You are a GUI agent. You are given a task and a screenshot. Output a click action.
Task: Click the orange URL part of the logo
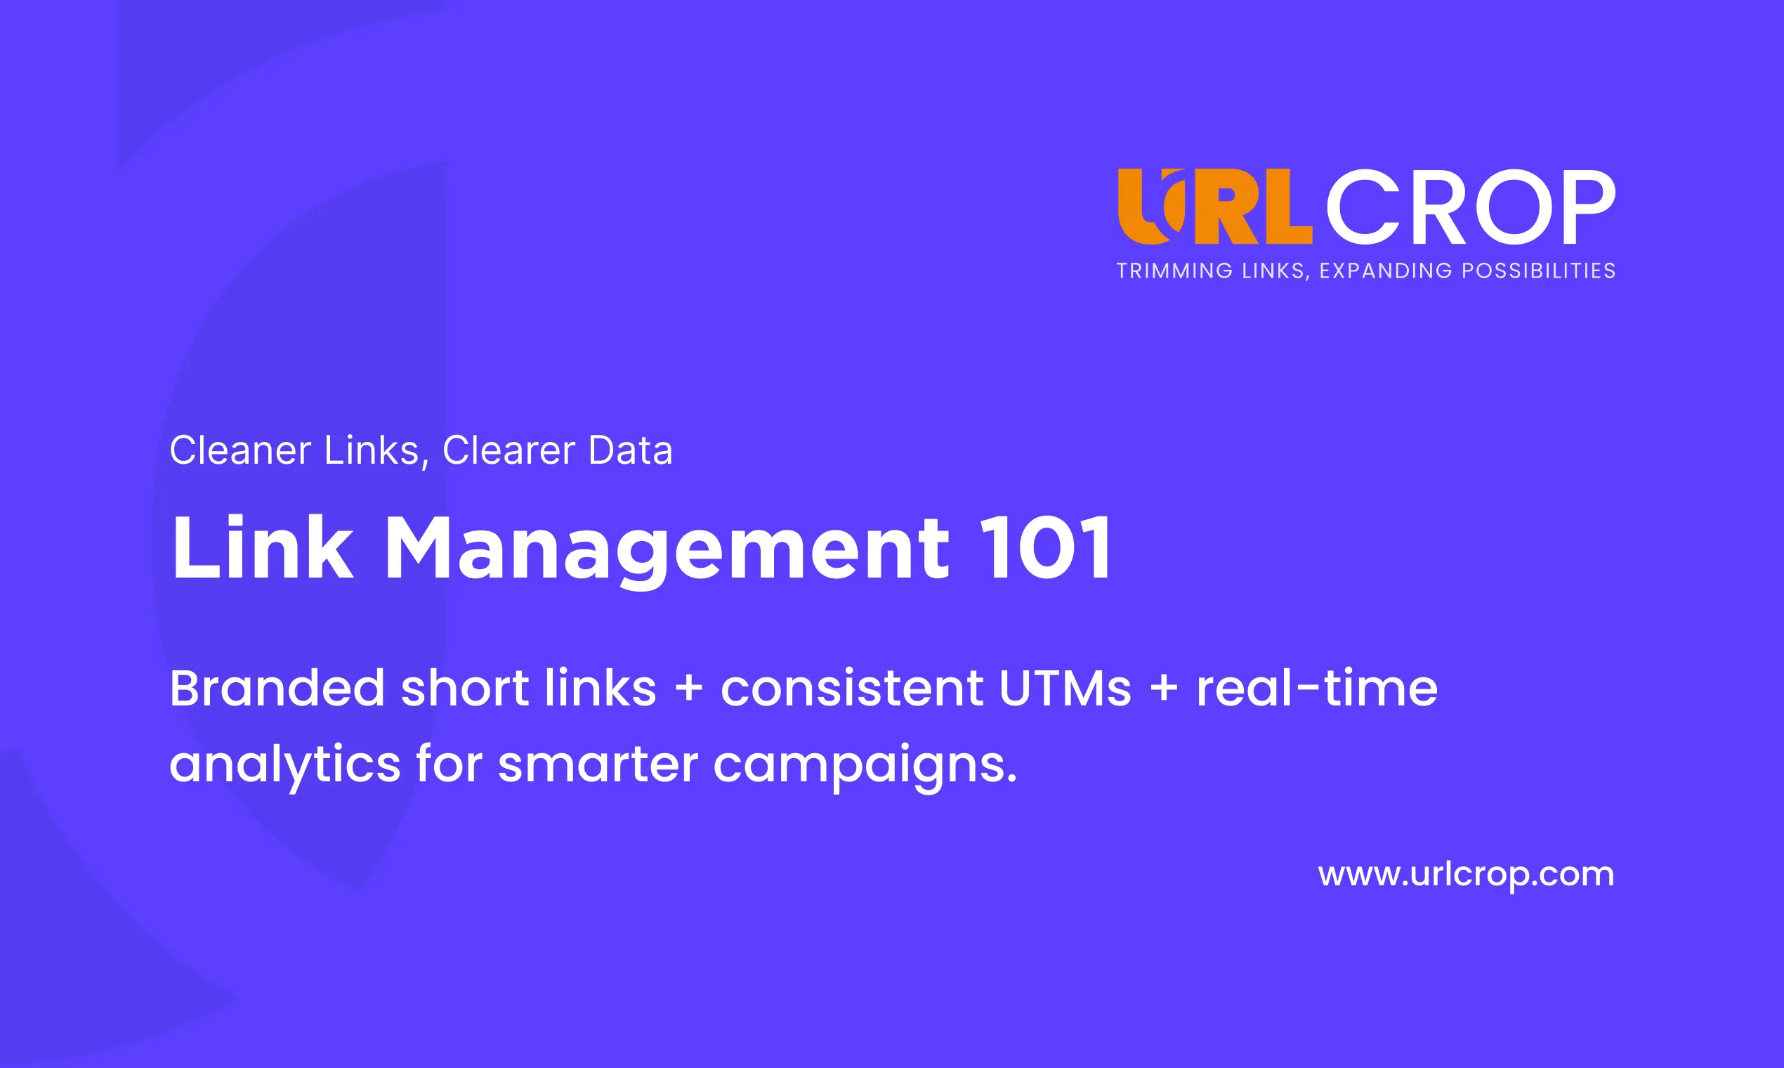point(1215,207)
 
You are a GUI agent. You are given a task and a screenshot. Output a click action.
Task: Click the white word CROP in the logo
point(1471,207)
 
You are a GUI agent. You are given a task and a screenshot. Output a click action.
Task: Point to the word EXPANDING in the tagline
point(1386,271)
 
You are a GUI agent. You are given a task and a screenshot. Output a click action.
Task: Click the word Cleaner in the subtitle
point(240,450)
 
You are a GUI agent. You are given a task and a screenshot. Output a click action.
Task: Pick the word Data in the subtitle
point(630,450)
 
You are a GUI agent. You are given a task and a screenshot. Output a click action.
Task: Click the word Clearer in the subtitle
point(509,450)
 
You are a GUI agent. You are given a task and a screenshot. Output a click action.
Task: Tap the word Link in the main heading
point(263,547)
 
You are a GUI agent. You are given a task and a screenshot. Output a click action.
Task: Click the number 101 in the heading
point(1046,547)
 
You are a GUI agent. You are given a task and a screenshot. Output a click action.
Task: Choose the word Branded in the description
point(277,687)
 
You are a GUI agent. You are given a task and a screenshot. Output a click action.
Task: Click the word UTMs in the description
point(1065,689)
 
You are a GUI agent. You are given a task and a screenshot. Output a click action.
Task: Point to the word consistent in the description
point(851,689)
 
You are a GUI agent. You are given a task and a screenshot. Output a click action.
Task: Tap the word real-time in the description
point(1316,687)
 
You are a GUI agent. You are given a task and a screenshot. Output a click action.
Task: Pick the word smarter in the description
point(598,764)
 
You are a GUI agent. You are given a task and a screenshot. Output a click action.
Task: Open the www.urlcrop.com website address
point(1466,875)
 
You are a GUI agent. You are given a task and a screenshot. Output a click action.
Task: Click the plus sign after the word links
point(688,688)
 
